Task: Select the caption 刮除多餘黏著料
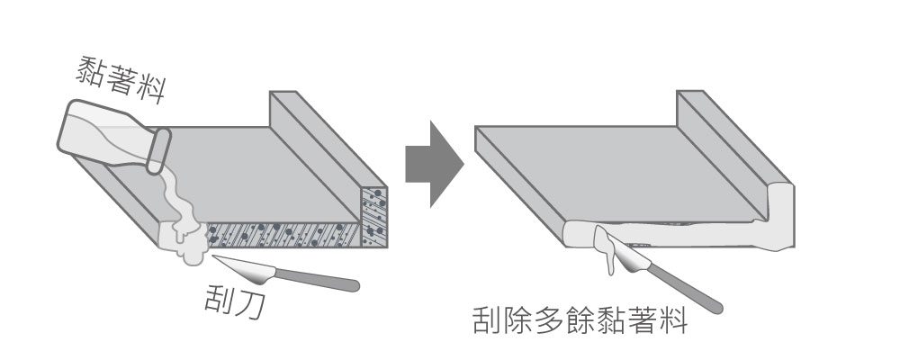point(580,321)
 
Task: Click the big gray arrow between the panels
point(433,164)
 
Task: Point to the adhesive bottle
point(99,135)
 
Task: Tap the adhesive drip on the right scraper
point(605,247)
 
